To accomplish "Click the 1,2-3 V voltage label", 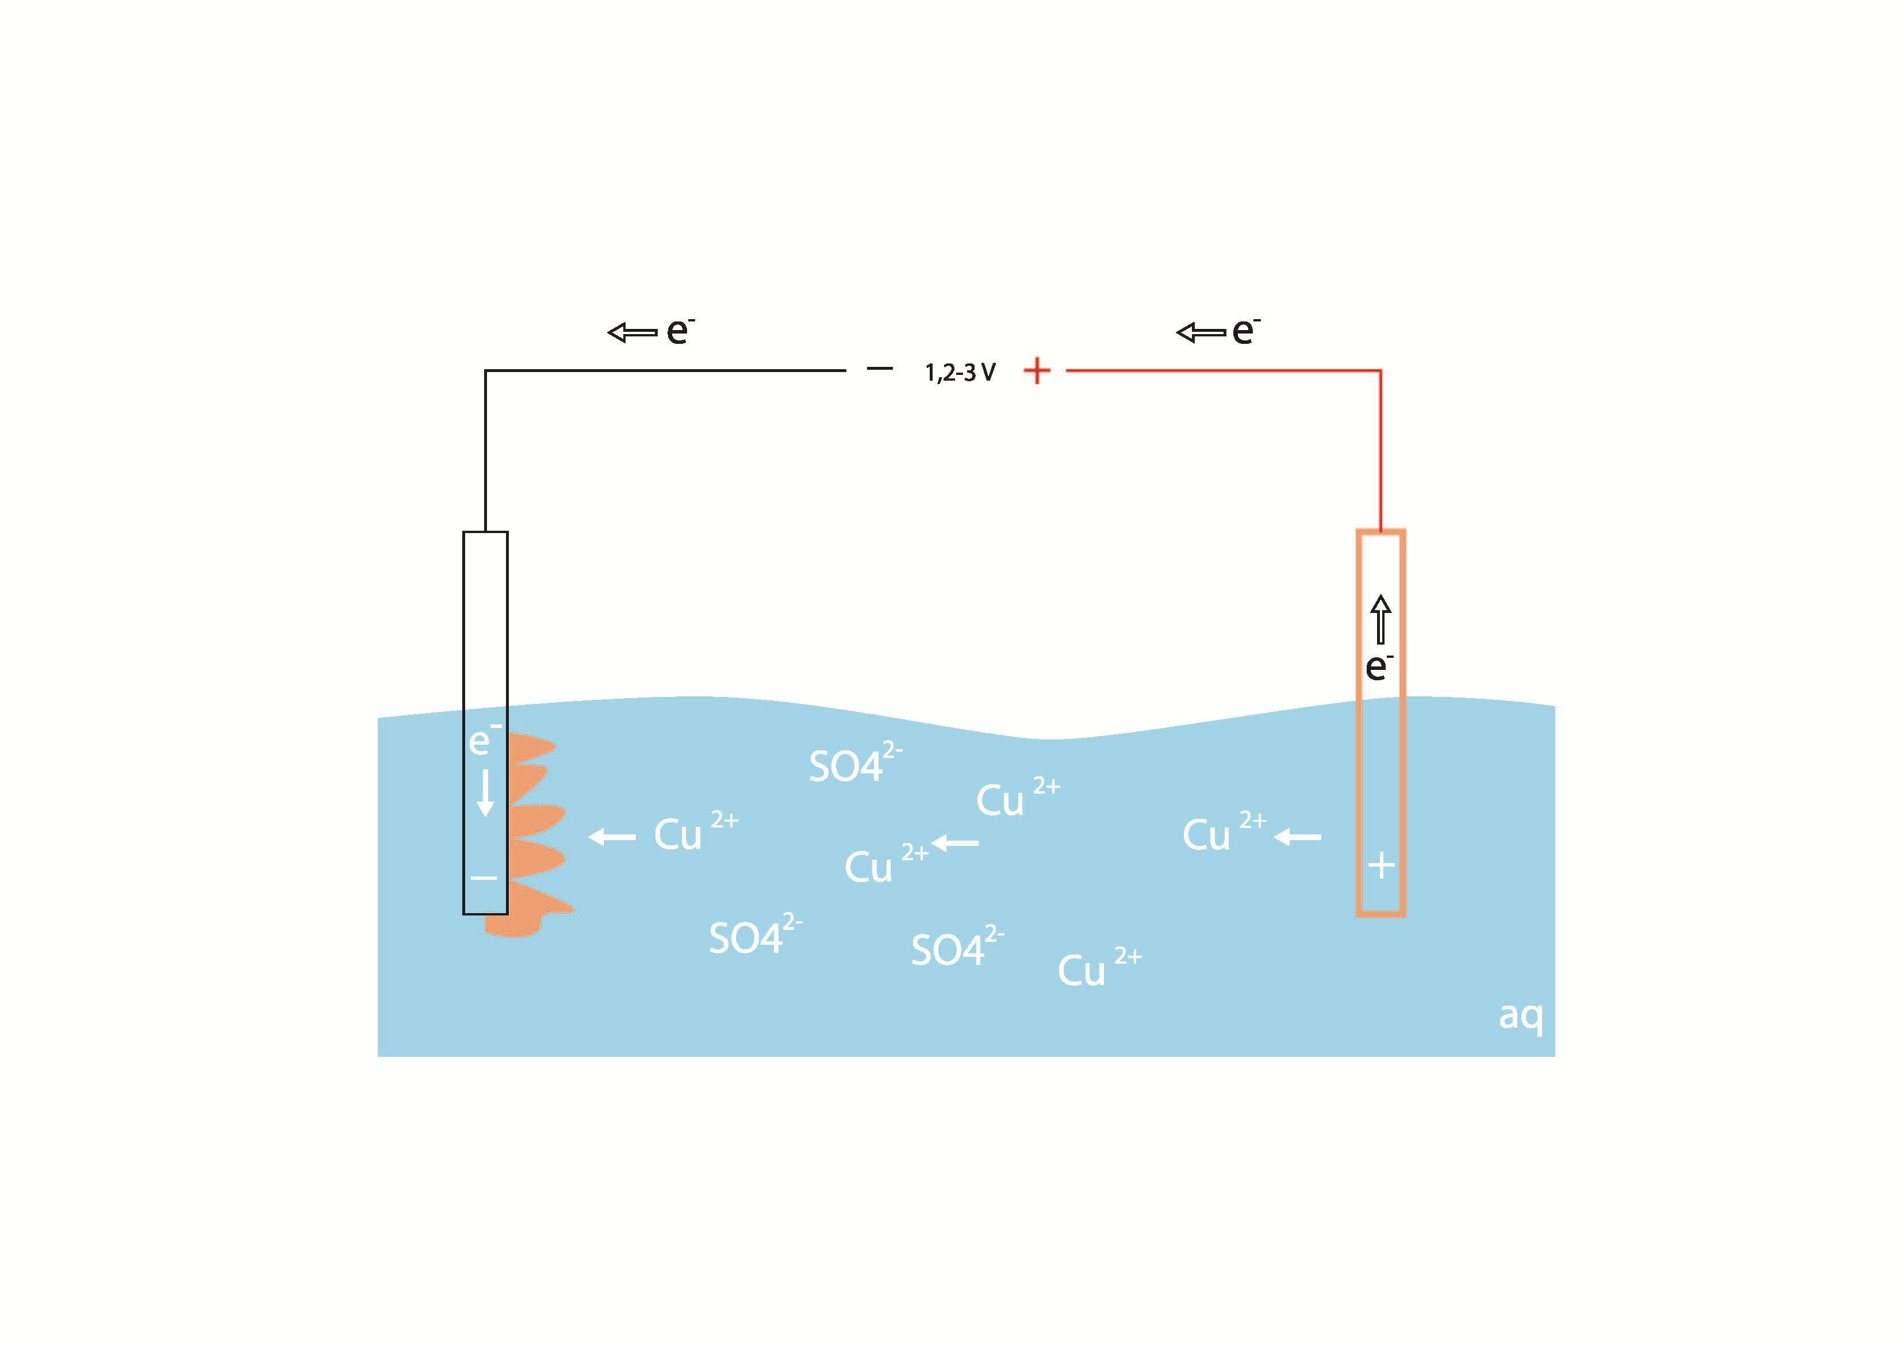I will (x=960, y=372).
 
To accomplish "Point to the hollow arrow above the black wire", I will (x=632, y=332).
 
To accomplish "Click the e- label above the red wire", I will (x=1245, y=331).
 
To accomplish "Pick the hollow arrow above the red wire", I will (x=1201, y=332).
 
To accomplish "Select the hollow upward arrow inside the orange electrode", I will (x=1380, y=619).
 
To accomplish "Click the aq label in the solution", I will (x=1521, y=1015).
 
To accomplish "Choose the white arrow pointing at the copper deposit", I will (x=612, y=837).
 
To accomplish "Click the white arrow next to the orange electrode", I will (x=1297, y=837).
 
